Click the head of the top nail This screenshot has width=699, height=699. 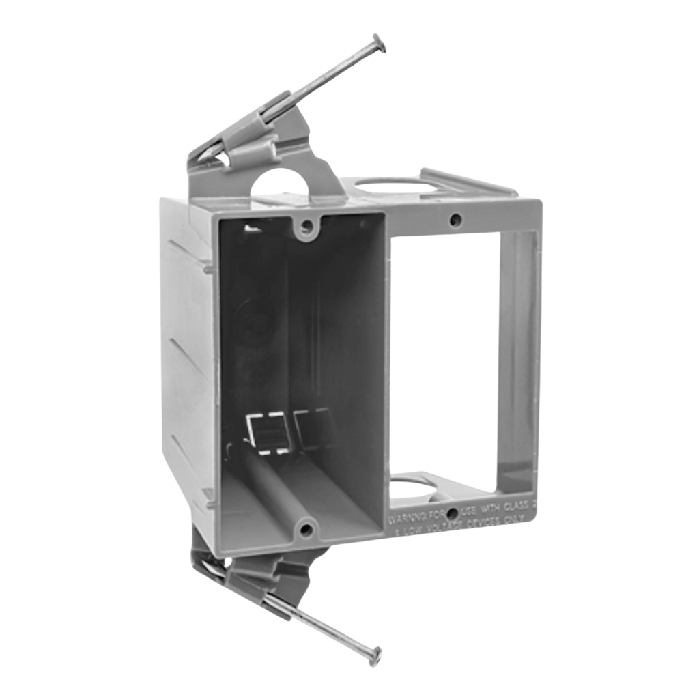[378, 43]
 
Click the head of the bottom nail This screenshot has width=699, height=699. [374, 657]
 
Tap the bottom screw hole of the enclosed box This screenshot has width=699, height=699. [306, 528]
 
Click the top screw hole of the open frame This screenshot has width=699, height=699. [456, 220]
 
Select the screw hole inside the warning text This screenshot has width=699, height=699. [451, 512]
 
